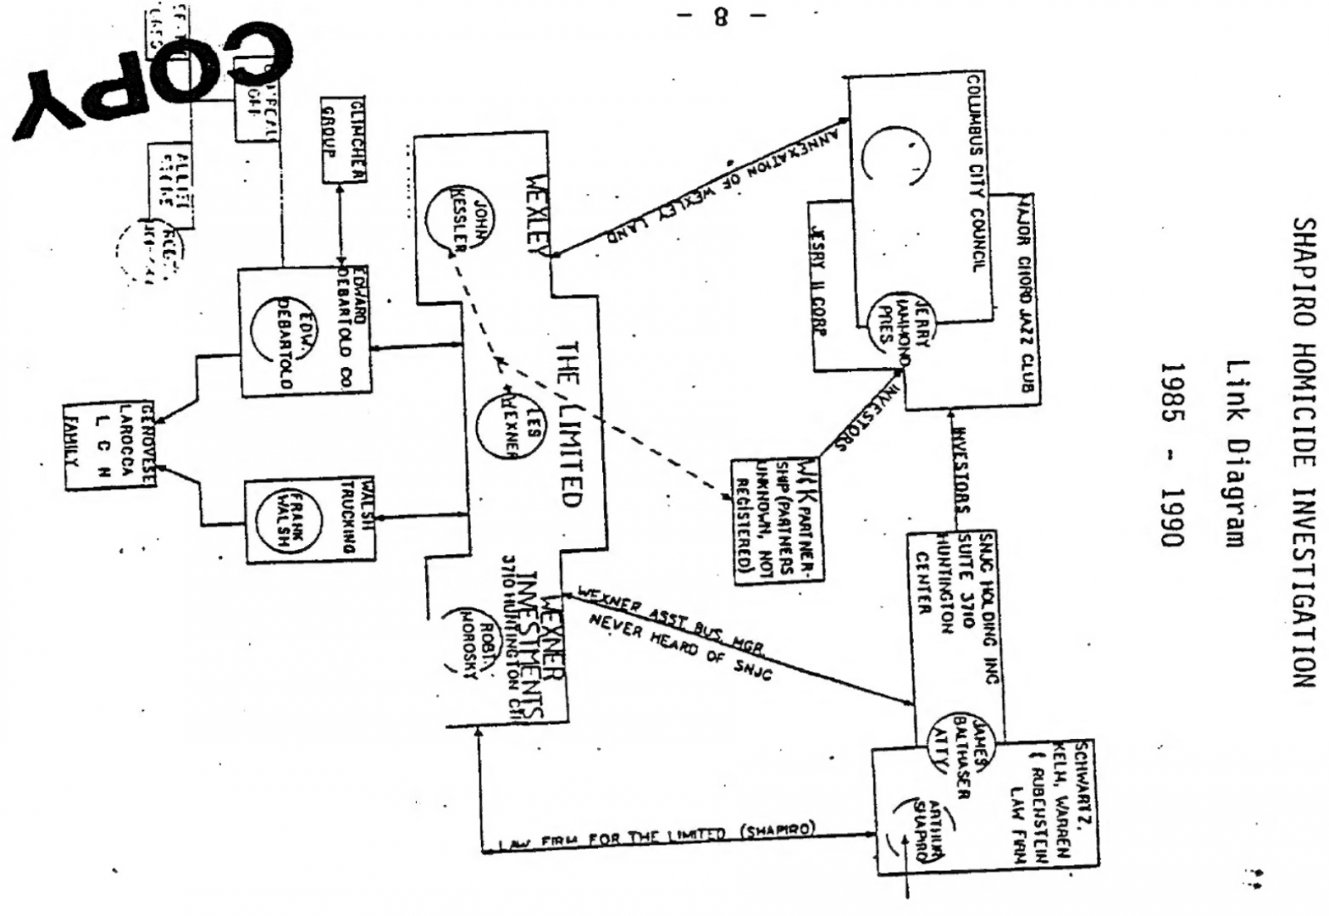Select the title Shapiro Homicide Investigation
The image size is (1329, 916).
(x=1303, y=453)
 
